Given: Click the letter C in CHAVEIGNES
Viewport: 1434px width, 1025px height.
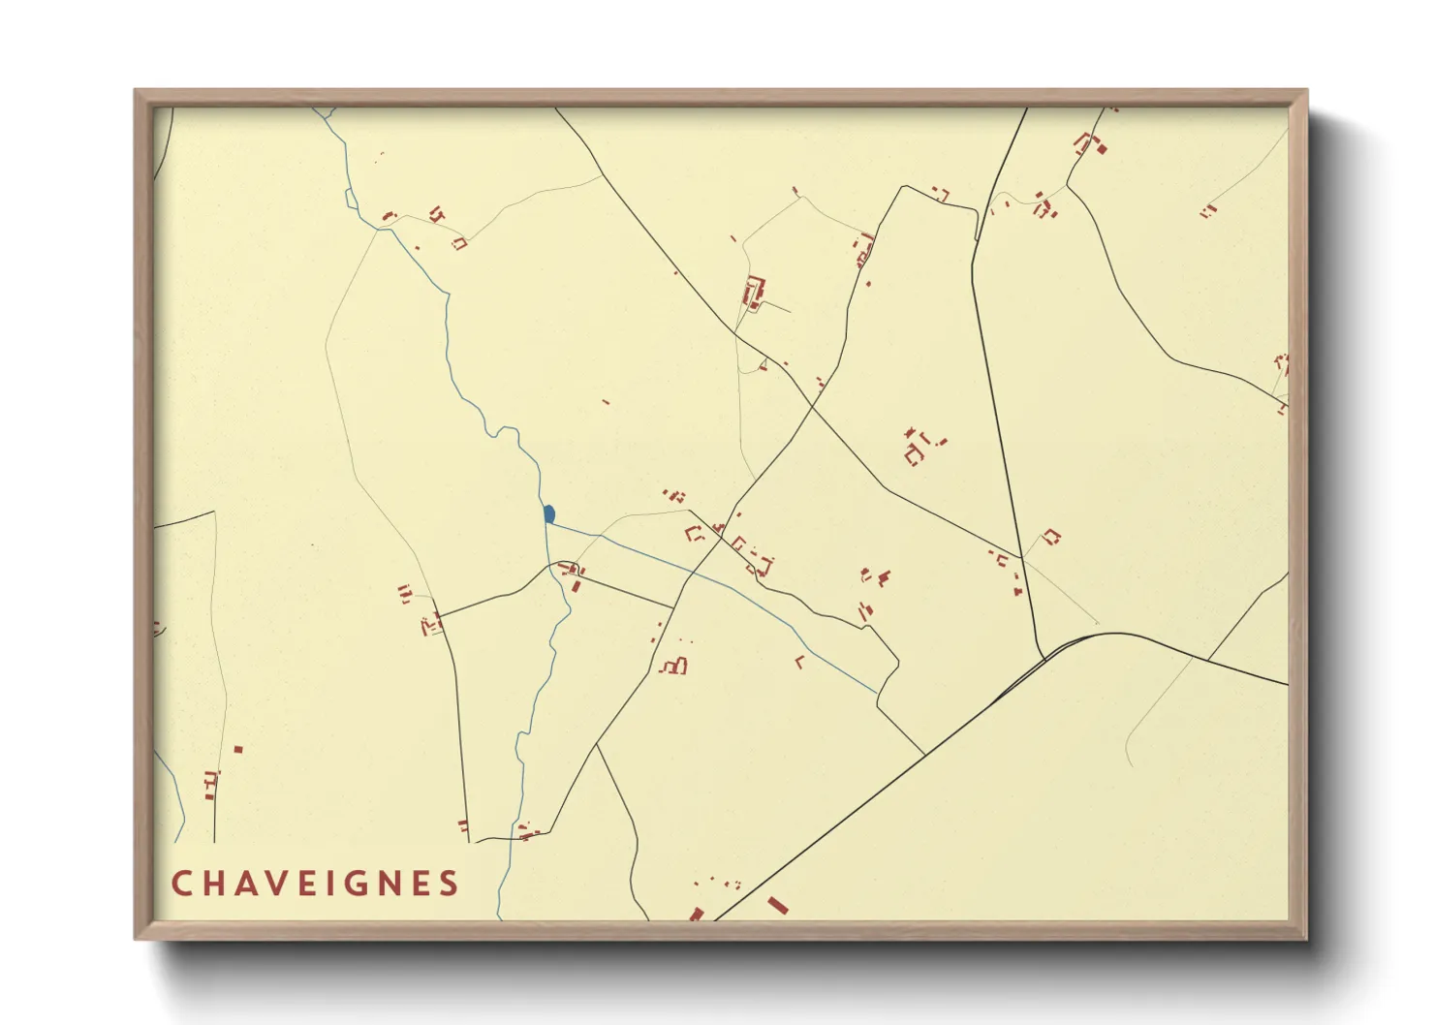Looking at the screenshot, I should tap(180, 884).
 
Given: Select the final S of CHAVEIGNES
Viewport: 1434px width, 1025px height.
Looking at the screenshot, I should tap(449, 884).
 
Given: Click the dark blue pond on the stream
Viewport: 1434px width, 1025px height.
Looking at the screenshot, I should tap(549, 513).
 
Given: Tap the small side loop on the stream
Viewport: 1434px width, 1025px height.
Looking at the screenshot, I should tap(349, 199).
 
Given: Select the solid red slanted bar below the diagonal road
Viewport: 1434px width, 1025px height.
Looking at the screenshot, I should tap(777, 906).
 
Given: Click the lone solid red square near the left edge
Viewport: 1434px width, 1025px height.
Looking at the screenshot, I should tap(238, 749).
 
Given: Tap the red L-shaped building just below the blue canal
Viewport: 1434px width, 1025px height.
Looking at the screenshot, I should tap(799, 663).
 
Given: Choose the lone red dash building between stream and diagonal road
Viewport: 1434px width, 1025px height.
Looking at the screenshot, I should tap(607, 401).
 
